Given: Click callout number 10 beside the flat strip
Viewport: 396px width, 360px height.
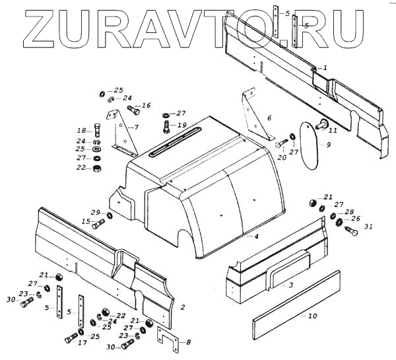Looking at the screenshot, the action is tap(312, 316).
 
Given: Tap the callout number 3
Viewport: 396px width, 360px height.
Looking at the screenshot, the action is tap(290, 285).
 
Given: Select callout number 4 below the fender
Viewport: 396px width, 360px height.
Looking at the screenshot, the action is tap(257, 236).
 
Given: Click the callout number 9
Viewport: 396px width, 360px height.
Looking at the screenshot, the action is tap(327, 145).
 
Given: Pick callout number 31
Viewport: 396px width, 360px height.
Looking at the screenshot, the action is tap(368, 227).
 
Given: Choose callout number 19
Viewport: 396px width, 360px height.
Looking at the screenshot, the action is tap(181, 125).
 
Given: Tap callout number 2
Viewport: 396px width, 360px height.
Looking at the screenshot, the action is tap(182, 306).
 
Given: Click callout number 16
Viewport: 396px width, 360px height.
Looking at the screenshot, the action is tap(146, 105).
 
